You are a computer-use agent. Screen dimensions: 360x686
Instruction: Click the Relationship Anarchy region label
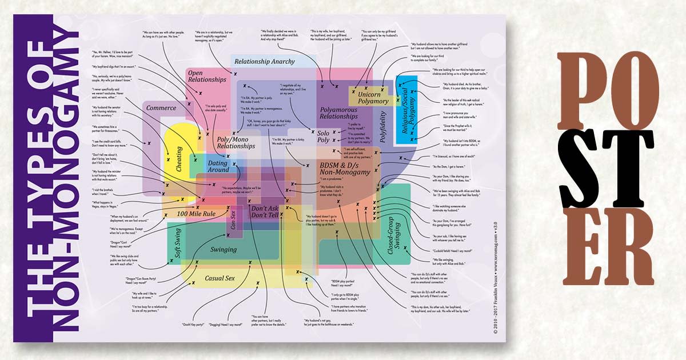point(265,62)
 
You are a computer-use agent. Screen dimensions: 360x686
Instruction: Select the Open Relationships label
point(204,77)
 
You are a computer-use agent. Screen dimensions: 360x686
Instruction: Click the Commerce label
point(161,108)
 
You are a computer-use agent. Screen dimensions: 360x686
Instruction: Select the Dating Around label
point(218,166)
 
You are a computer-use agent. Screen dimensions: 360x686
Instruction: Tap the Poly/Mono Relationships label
point(235,142)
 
